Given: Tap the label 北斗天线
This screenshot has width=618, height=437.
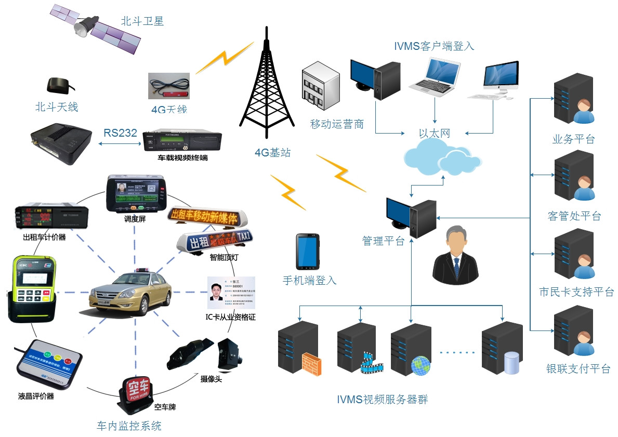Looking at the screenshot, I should (x=56, y=108).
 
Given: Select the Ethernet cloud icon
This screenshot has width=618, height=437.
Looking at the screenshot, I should (x=441, y=158).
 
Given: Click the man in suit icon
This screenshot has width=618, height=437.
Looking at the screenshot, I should (x=456, y=255).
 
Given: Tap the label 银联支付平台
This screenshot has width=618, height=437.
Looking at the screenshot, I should (x=577, y=369).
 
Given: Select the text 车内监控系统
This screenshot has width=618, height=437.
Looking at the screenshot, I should (x=129, y=426).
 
